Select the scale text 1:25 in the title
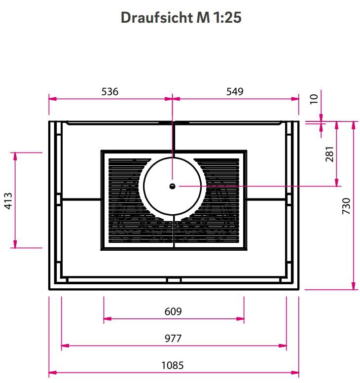pos(227,18)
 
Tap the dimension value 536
pos(110,91)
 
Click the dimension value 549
pos(235,91)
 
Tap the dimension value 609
pos(173,311)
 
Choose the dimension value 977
pos(173,339)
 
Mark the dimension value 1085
pos(173,366)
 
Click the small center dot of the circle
pos(172,186)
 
